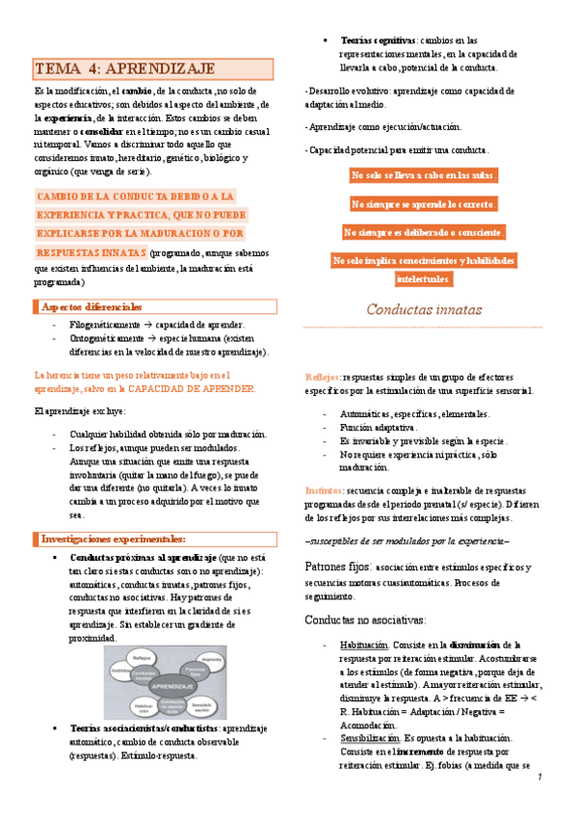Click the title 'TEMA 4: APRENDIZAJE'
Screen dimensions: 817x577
pos(125,69)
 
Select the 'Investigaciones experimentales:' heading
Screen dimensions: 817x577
pos(113,539)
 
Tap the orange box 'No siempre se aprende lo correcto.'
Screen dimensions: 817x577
pos(424,204)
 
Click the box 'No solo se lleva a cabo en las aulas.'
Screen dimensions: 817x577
pos(424,175)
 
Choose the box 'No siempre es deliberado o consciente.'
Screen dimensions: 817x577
pos(424,232)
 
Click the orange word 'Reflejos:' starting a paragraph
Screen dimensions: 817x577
pos(323,377)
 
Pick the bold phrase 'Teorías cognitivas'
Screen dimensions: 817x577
pos(372,40)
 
